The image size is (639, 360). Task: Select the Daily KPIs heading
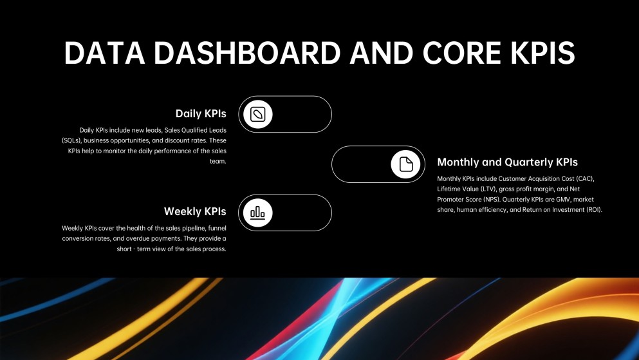pyautogui.click(x=201, y=113)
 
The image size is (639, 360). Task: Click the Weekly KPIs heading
pyautogui.click(x=195, y=211)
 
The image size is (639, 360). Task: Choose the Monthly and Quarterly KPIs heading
pyautogui.click(x=507, y=162)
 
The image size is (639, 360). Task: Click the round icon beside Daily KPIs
pyautogui.click(x=258, y=114)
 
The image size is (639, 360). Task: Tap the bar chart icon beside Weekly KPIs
pyautogui.click(x=258, y=213)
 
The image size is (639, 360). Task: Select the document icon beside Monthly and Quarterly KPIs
pyautogui.click(x=406, y=164)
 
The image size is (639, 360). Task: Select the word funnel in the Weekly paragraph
pyautogui.click(x=216, y=228)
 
